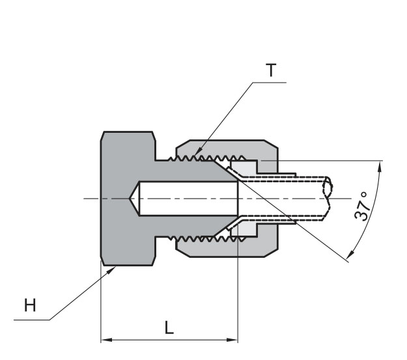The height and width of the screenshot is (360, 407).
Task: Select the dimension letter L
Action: click(x=169, y=329)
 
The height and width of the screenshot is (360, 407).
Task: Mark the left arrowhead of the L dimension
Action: click(x=105, y=339)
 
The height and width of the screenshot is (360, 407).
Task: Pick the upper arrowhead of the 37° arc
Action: click(x=379, y=167)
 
